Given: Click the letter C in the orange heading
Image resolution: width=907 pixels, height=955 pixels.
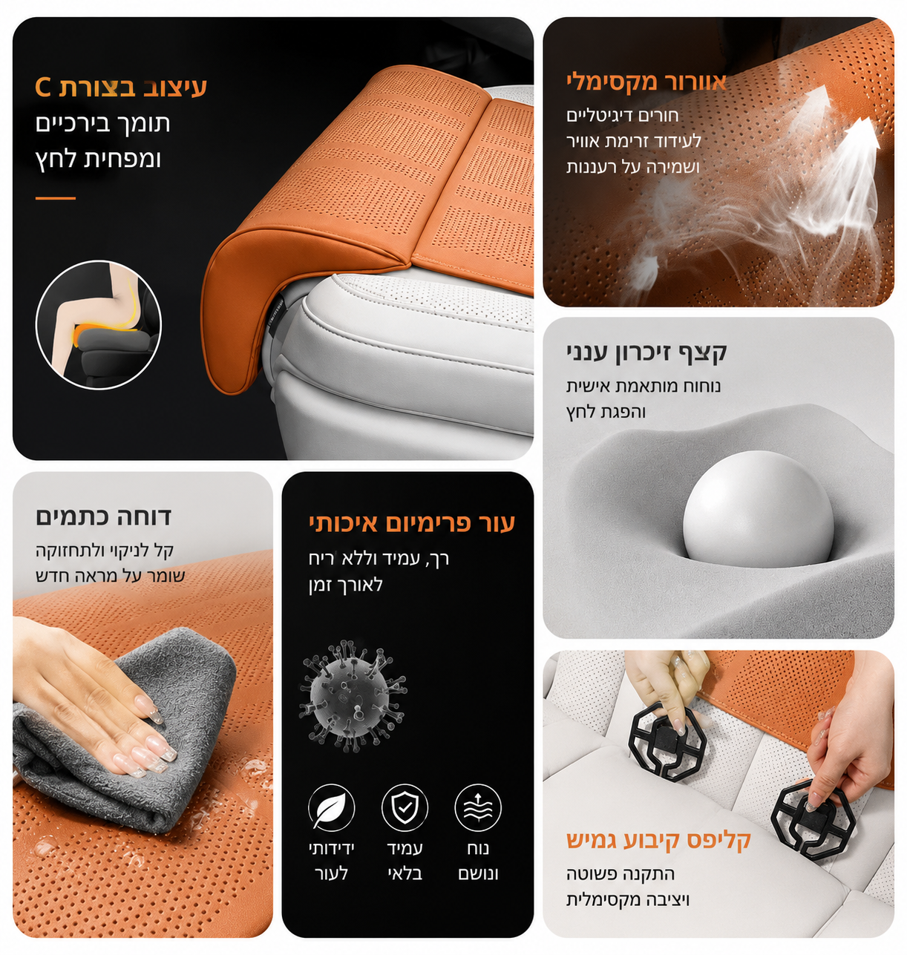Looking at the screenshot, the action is coord(42,88).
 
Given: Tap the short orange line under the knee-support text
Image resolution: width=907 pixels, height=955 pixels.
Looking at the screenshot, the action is coord(56,198).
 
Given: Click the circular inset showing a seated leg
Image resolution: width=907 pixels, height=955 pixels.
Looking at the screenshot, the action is coord(99,324).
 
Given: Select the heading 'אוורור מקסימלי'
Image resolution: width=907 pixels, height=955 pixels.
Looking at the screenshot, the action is coord(646,82).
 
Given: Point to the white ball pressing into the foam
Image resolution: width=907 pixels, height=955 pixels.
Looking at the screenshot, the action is coord(759,508).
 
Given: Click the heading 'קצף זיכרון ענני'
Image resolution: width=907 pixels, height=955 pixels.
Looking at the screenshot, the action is coord(646,352).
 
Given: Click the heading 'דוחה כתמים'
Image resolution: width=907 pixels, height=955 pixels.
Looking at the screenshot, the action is coord(103,516).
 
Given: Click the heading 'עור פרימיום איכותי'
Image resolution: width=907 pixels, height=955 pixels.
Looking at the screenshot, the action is coord(412,523).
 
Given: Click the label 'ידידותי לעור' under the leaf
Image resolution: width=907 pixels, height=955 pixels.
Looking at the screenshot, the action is coord(332,862).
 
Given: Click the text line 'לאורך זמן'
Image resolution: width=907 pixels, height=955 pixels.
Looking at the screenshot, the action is coord(346,585).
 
